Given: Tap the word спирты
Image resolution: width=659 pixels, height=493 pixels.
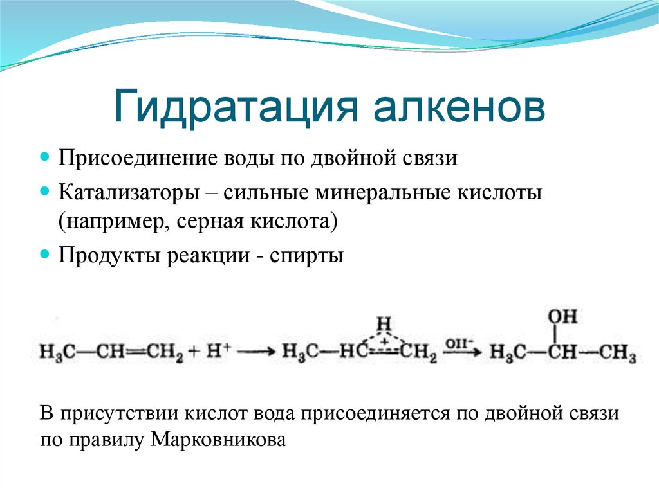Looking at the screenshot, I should pos(306,255).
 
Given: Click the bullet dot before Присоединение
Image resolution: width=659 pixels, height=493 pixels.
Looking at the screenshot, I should pos(45,157).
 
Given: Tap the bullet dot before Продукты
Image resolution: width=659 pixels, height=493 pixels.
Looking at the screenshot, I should pos(45,254).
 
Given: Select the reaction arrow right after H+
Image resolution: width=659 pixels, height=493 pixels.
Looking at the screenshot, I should pos(258,352).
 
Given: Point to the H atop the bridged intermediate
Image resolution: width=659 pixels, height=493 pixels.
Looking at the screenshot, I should pos(384,321).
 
